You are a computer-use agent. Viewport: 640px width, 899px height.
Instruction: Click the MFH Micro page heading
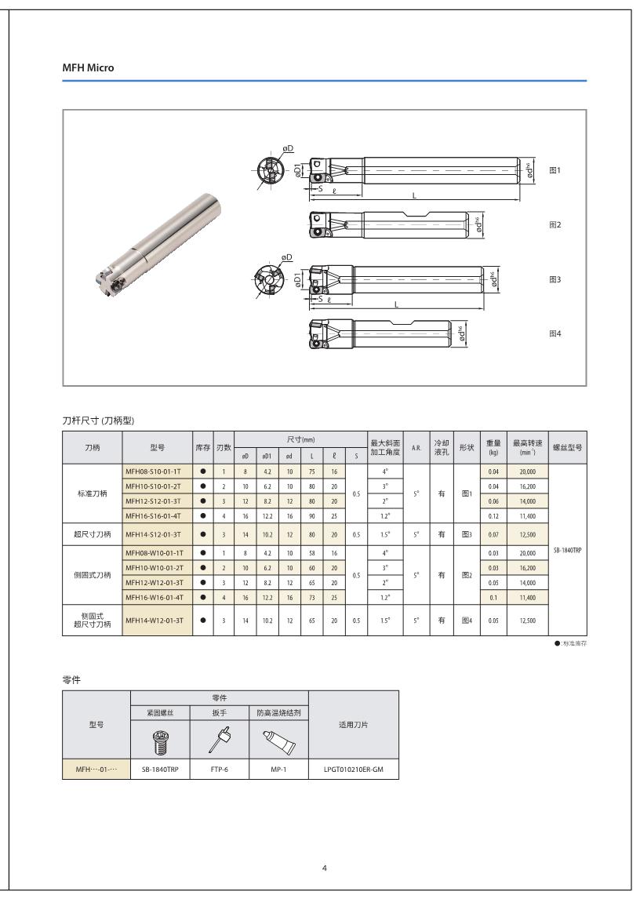click(x=88, y=68)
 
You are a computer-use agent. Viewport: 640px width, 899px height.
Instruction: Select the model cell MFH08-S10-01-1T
click(x=154, y=471)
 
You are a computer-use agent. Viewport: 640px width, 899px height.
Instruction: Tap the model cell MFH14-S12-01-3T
click(x=154, y=534)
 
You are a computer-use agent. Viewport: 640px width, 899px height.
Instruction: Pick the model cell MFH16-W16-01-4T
click(x=154, y=597)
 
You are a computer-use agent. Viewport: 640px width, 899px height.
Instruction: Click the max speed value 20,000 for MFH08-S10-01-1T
click(x=526, y=471)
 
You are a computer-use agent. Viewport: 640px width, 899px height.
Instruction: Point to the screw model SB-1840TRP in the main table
click(x=567, y=550)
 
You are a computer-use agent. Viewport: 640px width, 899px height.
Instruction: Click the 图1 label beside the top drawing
click(x=555, y=170)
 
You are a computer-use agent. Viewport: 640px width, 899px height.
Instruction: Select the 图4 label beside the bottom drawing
click(x=555, y=333)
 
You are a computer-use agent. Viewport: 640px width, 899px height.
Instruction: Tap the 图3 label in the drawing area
click(x=555, y=279)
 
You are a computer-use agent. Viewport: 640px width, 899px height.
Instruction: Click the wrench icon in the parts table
click(x=220, y=738)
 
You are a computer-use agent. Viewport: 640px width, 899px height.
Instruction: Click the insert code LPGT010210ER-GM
click(x=353, y=770)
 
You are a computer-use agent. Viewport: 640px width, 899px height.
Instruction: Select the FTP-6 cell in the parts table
click(x=220, y=770)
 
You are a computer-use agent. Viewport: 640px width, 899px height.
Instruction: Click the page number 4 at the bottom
click(x=325, y=868)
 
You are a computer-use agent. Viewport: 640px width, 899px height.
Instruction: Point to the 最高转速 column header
click(x=527, y=447)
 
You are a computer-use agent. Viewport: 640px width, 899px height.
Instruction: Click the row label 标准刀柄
click(x=93, y=493)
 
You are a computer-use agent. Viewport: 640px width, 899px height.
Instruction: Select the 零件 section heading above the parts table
click(x=71, y=679)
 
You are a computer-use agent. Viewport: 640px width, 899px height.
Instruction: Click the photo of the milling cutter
click(x=156, y=242)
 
